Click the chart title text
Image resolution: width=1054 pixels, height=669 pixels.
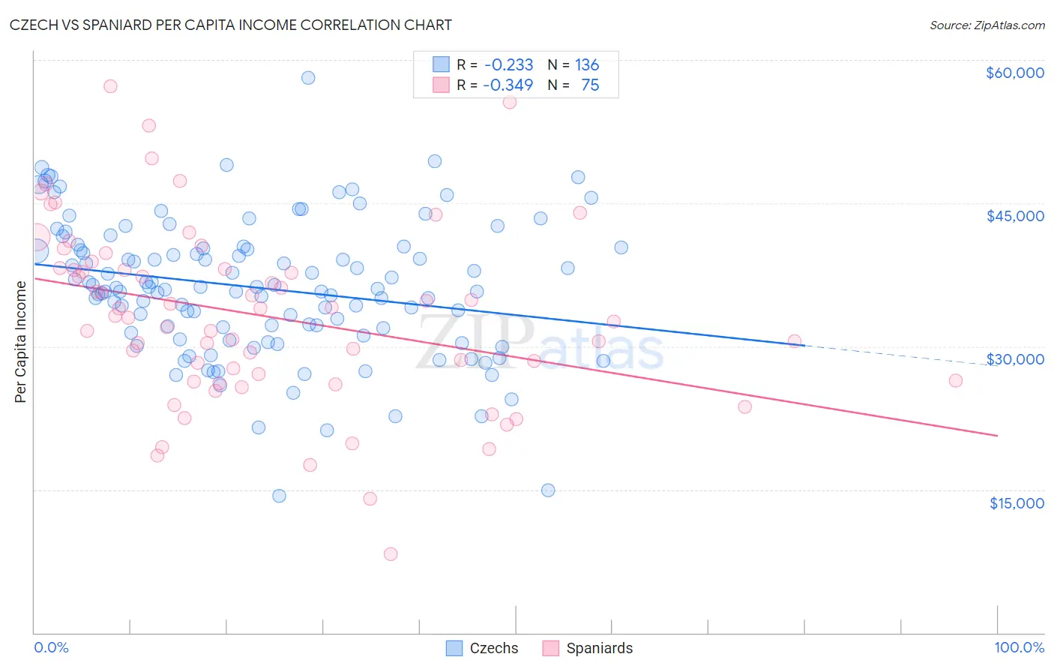point(232,25)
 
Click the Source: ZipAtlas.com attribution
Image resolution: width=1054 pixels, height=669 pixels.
point(987,25)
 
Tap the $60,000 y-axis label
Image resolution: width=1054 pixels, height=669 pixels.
point(1014,73)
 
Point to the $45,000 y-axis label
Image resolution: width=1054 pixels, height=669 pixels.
point(1015,216)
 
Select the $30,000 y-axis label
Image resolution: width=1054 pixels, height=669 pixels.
point(1015,359)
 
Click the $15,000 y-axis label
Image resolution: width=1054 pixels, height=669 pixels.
point(1017,503)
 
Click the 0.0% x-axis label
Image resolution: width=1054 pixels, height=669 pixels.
point(51,647)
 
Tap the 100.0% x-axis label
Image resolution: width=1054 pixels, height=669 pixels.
point(1019,647)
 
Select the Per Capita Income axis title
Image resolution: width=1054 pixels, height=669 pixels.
point(21,342)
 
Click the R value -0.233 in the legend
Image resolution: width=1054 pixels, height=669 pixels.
point(509,65)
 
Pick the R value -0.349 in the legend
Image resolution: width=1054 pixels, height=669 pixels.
point(508,85)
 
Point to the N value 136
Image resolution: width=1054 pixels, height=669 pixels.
point(587,65)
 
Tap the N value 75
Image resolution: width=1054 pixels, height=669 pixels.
point(590,85)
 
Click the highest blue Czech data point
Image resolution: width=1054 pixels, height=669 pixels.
point(307,78)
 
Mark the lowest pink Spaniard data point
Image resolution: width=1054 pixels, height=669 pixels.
point(391,554)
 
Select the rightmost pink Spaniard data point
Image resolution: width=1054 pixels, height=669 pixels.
point(955,380)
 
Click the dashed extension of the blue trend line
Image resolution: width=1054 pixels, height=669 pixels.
point(900,355)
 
